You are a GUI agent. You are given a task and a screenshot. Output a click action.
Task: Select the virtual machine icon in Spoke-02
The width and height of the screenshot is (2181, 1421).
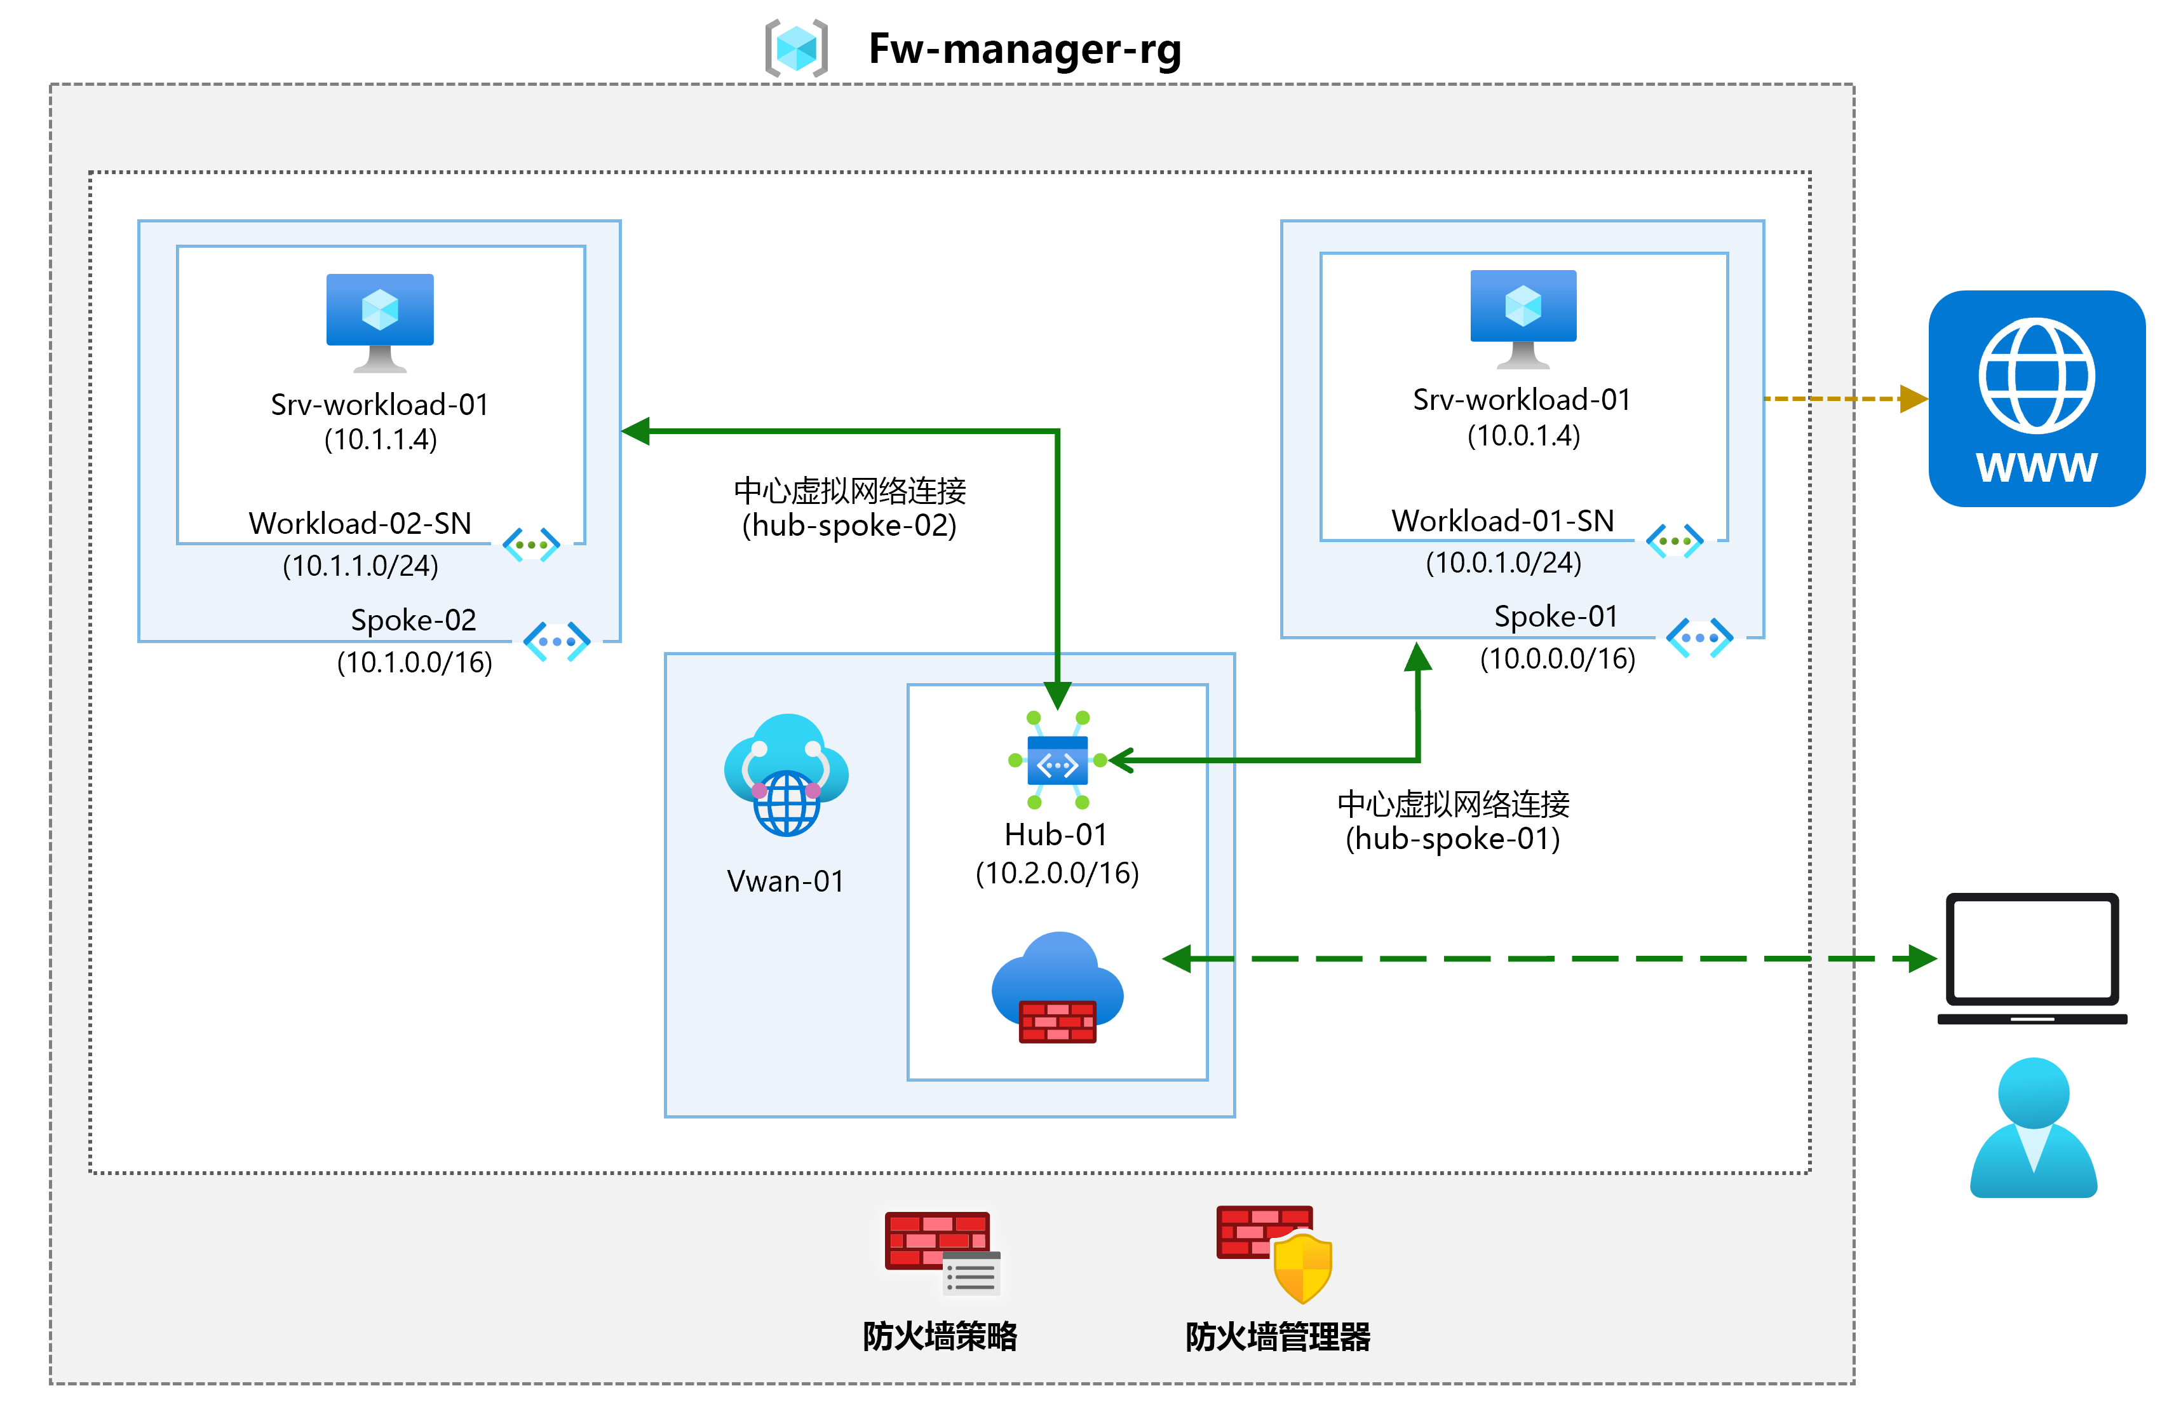(x=379, y=322)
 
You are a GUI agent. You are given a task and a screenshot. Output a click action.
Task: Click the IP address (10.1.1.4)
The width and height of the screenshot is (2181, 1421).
(x=381, y=440)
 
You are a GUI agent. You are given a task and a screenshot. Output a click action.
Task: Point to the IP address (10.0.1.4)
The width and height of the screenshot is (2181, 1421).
(x=1523, y=435)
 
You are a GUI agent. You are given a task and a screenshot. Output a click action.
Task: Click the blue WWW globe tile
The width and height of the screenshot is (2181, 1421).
(x=2036, y=399)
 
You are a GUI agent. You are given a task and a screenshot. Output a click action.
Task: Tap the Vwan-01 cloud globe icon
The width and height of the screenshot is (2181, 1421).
(x=787, y=775)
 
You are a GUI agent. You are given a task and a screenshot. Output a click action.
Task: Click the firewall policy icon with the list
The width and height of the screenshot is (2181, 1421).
(x=941, y=1253)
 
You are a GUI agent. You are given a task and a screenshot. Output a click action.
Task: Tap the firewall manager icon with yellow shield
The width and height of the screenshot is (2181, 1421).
(x=1274, y=1253)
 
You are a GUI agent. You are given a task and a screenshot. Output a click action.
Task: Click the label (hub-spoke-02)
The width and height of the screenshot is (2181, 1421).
(x=849, y=526)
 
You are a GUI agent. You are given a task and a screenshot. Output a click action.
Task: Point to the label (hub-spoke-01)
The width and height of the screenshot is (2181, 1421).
(x=1452, y=839)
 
